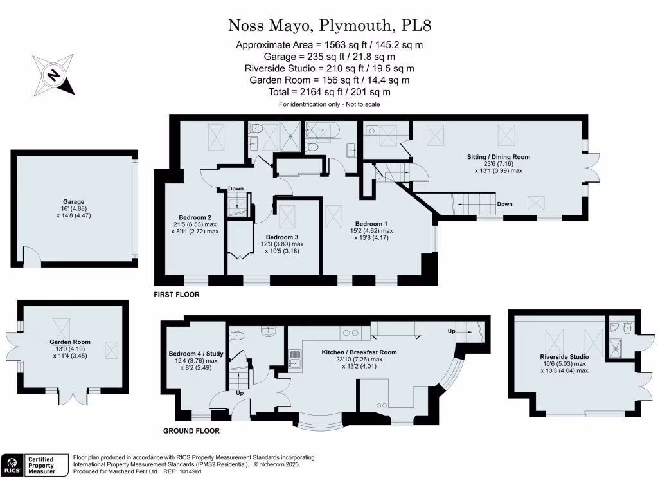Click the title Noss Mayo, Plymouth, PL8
pyautogui.click(x=328, y=26)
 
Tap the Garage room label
pyautogui.click(x=74, y=202)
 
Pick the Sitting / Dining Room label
pyautogui.click(x=498, y=156)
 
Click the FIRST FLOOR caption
pyautogui.click(x=177, y=295)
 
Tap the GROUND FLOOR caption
pyautogui.click(x=191, y=431)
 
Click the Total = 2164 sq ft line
pyautogui.click(x=329, y=92)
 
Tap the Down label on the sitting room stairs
pyautogui.click(x=504, y=204)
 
